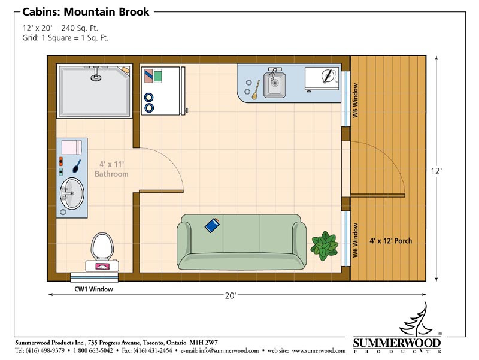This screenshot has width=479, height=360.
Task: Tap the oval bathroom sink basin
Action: (72, 193)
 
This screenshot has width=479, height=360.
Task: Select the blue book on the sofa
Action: (212, 225)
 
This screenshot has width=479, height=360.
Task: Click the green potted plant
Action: (325, 246)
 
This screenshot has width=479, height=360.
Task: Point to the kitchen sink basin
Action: (275, 83)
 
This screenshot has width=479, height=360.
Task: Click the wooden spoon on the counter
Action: (256, 90)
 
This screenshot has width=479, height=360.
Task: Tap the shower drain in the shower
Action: (96, 78)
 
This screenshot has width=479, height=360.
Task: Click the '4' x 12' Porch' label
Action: (391, 241)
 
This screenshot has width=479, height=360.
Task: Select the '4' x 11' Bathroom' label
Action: (111, 169)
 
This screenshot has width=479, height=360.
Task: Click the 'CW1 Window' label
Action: (94, 289)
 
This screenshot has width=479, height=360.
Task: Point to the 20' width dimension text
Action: (231, 295)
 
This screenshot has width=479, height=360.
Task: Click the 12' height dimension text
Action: (436, 171)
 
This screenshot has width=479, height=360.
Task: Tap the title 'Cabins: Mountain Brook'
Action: (86, 12)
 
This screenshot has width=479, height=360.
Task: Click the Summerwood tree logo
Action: (417, 319)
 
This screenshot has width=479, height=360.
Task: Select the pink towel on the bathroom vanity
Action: (72, 147)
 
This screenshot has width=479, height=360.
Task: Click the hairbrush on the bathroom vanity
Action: (77, 166)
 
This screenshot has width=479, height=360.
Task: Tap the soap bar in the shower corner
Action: (125, 69)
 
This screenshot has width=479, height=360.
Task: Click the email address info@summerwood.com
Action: (229, 350)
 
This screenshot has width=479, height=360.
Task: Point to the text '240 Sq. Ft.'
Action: (80, 28)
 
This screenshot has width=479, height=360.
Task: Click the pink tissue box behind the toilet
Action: (102, 266)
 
